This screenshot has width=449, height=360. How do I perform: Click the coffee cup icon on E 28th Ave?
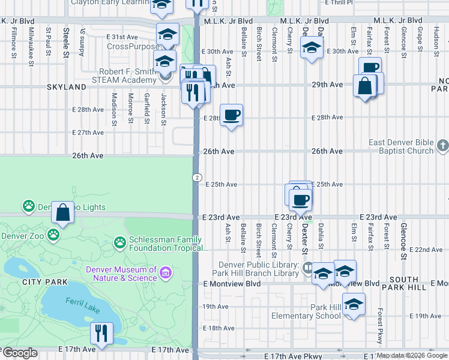pos(231,115)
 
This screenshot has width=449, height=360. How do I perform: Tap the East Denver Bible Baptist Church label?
pos(401,146)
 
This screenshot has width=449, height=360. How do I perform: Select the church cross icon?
pos(442,146)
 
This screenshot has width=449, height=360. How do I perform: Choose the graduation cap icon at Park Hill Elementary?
pos(354,304)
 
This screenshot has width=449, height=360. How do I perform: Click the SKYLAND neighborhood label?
pos(67,87)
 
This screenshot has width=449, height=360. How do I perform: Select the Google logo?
pos(20,353)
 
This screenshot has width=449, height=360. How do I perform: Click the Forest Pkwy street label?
pos(380,326)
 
